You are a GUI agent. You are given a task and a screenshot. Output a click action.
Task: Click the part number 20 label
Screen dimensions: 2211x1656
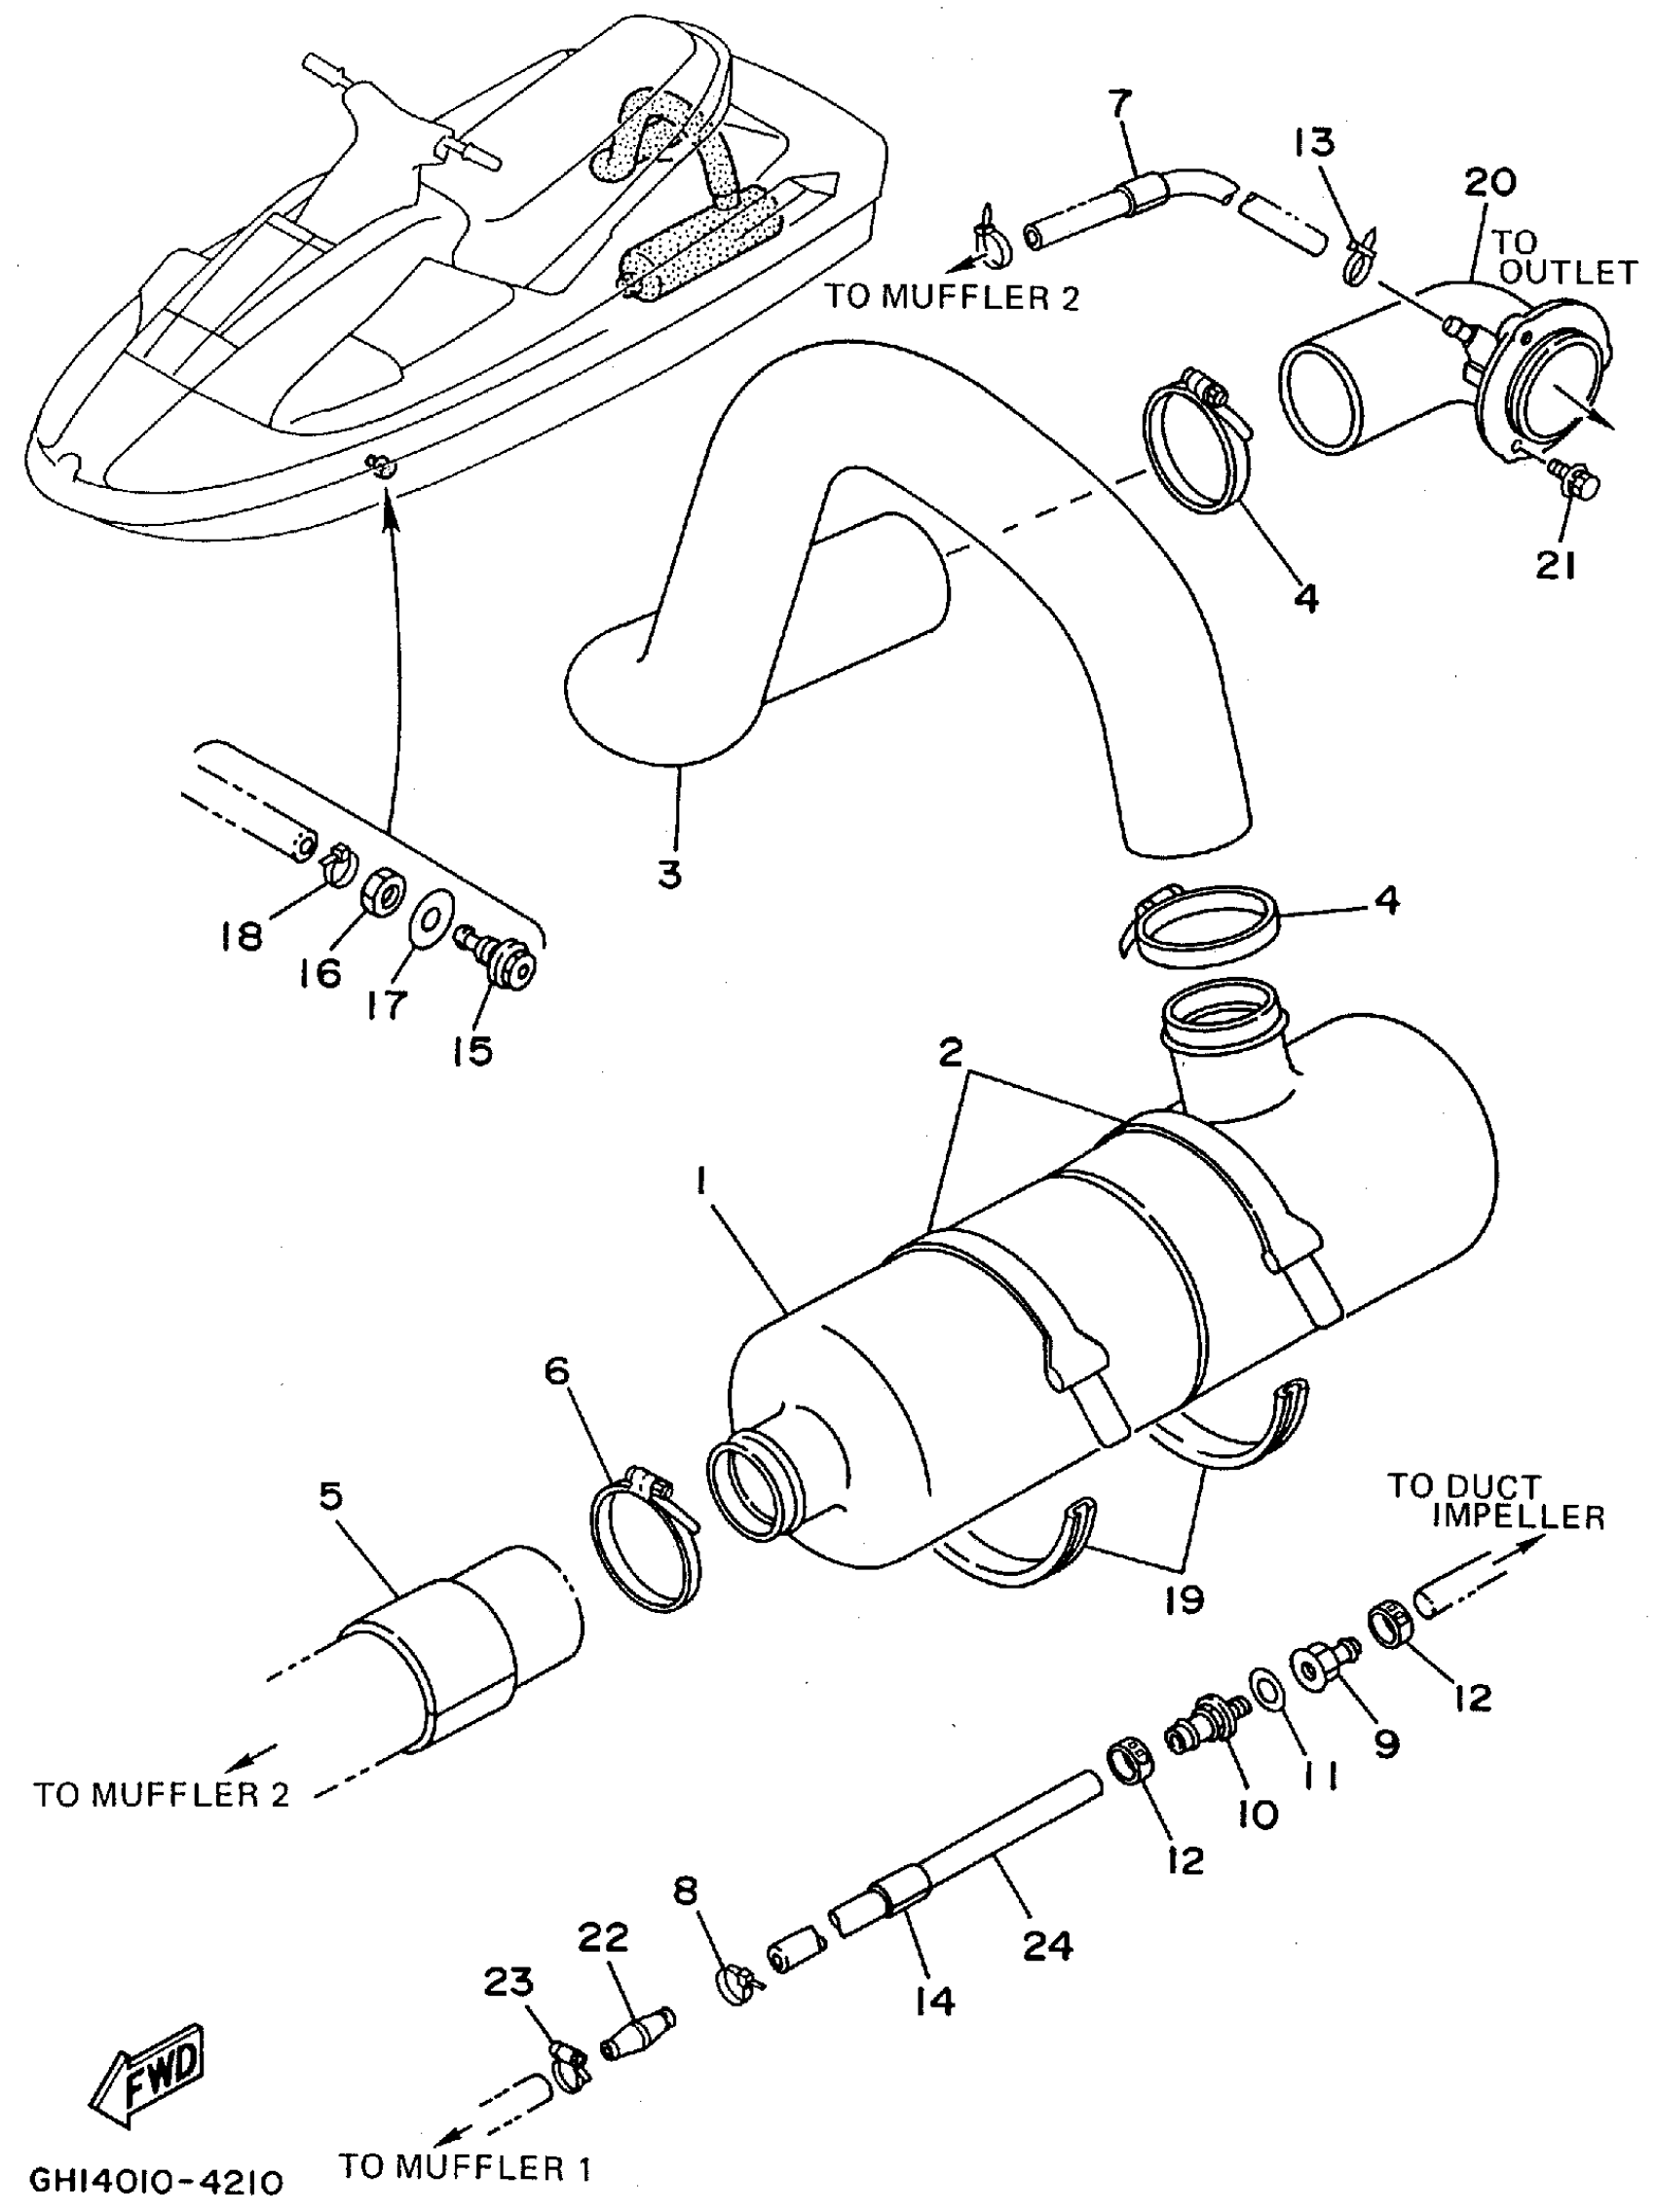[x=1490, y=182]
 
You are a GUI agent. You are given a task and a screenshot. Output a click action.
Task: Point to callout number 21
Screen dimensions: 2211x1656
[x=1555, y=566]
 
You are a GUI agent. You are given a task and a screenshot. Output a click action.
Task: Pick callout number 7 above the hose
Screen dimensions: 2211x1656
[x=1120, y=103]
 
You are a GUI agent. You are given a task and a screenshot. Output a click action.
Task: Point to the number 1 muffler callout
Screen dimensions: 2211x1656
[x=702, y=1182]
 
